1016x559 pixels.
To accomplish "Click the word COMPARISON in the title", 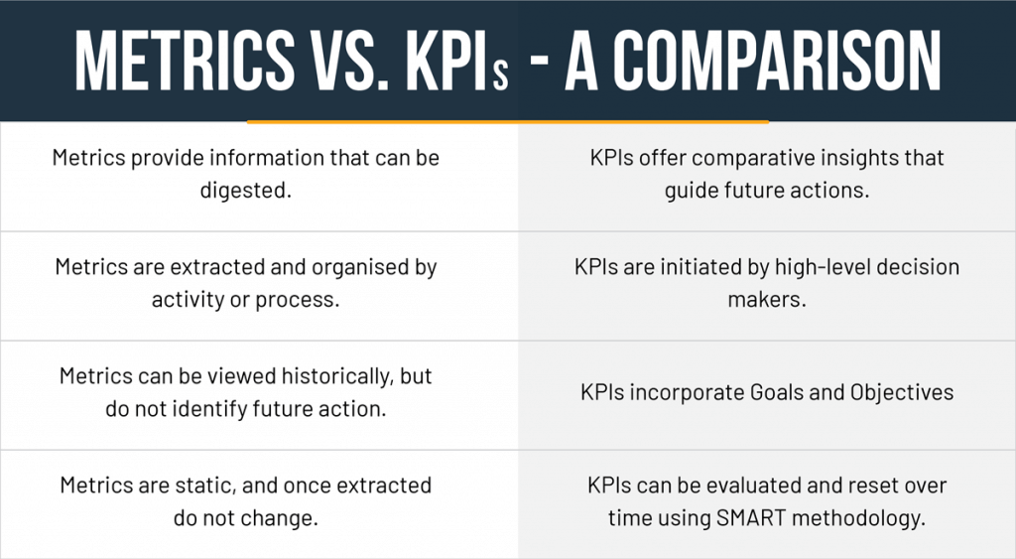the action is (777, 60).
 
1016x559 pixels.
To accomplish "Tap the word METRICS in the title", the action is (185, 60).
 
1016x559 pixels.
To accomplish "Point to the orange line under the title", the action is (508, 121).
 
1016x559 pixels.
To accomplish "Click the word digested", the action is (246, 191).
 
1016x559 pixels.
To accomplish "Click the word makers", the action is (767, 300).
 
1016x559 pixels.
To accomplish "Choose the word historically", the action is (337, 376).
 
